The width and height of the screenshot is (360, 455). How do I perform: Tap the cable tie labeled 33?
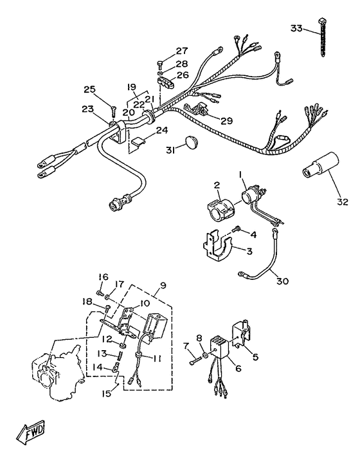[322, 38]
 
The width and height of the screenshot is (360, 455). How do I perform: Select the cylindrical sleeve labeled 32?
[320, 164]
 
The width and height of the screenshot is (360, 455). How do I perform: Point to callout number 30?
[282, 281]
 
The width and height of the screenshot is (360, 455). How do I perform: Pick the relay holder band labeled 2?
[221, 208]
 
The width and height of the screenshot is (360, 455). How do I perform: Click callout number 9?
[163, 286]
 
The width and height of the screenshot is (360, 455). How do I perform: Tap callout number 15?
[106, 393]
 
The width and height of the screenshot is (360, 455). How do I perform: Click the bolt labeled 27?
[160, 63]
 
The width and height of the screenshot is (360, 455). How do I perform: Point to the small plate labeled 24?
[138, 141]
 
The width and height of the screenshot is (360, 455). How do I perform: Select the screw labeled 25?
[113, 111]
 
